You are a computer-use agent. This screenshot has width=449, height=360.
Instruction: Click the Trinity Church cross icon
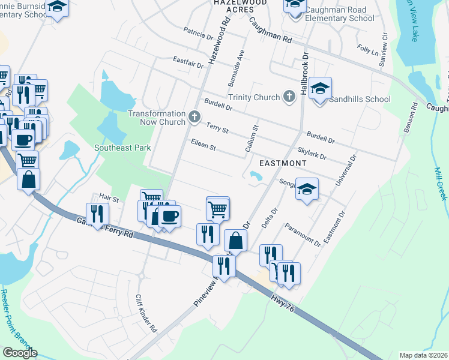(x=289, y=97)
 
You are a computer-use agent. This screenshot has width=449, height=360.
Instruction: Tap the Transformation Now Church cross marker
(x=194, y=118)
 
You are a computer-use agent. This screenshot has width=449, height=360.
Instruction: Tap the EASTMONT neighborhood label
(x=282, y=163)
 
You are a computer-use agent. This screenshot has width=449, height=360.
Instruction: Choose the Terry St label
(x=217, y=127)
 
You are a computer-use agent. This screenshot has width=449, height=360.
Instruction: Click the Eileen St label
(x=203, y=144)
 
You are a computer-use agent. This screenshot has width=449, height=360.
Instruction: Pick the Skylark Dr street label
(x=312, y=152)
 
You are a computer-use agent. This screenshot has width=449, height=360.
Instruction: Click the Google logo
(x=20, y=353)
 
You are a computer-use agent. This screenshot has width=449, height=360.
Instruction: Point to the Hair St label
(x=109, y=197)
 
